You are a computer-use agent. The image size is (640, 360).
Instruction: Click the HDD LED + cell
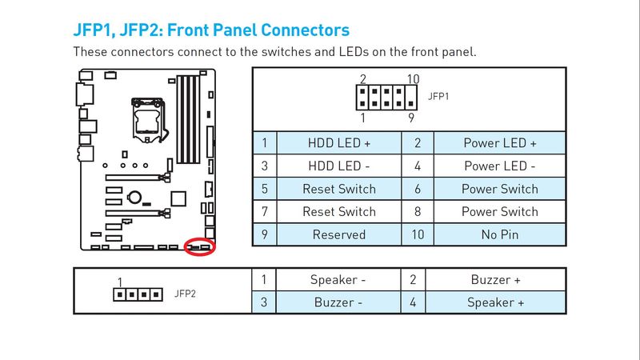click(x=339, y=143)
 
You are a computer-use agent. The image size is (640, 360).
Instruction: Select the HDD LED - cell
click(x=339, y=166)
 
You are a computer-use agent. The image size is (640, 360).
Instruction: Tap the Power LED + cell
click(x=500, y=143)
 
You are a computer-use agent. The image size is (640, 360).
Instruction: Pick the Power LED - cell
click(x=500, y=166)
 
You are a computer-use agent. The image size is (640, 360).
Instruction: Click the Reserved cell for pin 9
click(x=339, y=234)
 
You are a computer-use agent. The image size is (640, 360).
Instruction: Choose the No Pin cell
click(x=500, y=234)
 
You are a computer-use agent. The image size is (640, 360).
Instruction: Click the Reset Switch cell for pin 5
click(x=339, y=190)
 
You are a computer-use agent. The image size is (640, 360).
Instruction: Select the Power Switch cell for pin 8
click(x=500, y=212)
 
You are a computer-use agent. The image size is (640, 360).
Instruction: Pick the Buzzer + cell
click(x=495, y=280)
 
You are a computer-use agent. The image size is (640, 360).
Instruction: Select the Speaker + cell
click(x=495, y=302)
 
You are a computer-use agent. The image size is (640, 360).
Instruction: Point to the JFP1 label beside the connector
click(x=439, y=96)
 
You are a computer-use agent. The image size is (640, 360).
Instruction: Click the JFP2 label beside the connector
click(x=185, y=294)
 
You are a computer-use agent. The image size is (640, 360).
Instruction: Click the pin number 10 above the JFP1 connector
click(x=413, y=79)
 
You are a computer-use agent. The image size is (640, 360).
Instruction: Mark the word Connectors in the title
click(x=298, y=30)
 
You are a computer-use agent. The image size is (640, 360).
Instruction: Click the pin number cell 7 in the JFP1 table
click(x=264, y=212)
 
